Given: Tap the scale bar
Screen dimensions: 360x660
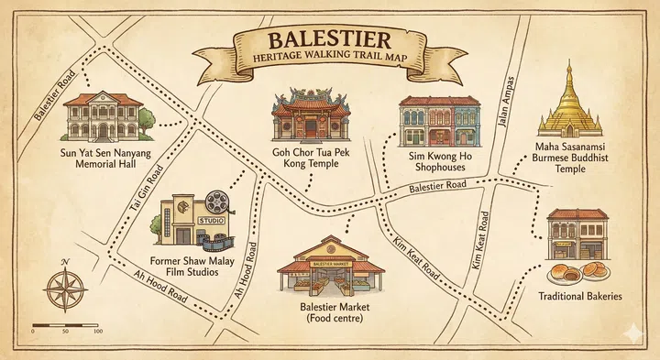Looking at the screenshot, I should tap(65, 325).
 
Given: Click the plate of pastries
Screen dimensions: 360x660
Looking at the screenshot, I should tap(577, 271).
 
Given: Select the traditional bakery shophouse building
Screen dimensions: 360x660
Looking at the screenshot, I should tap(577, 233).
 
